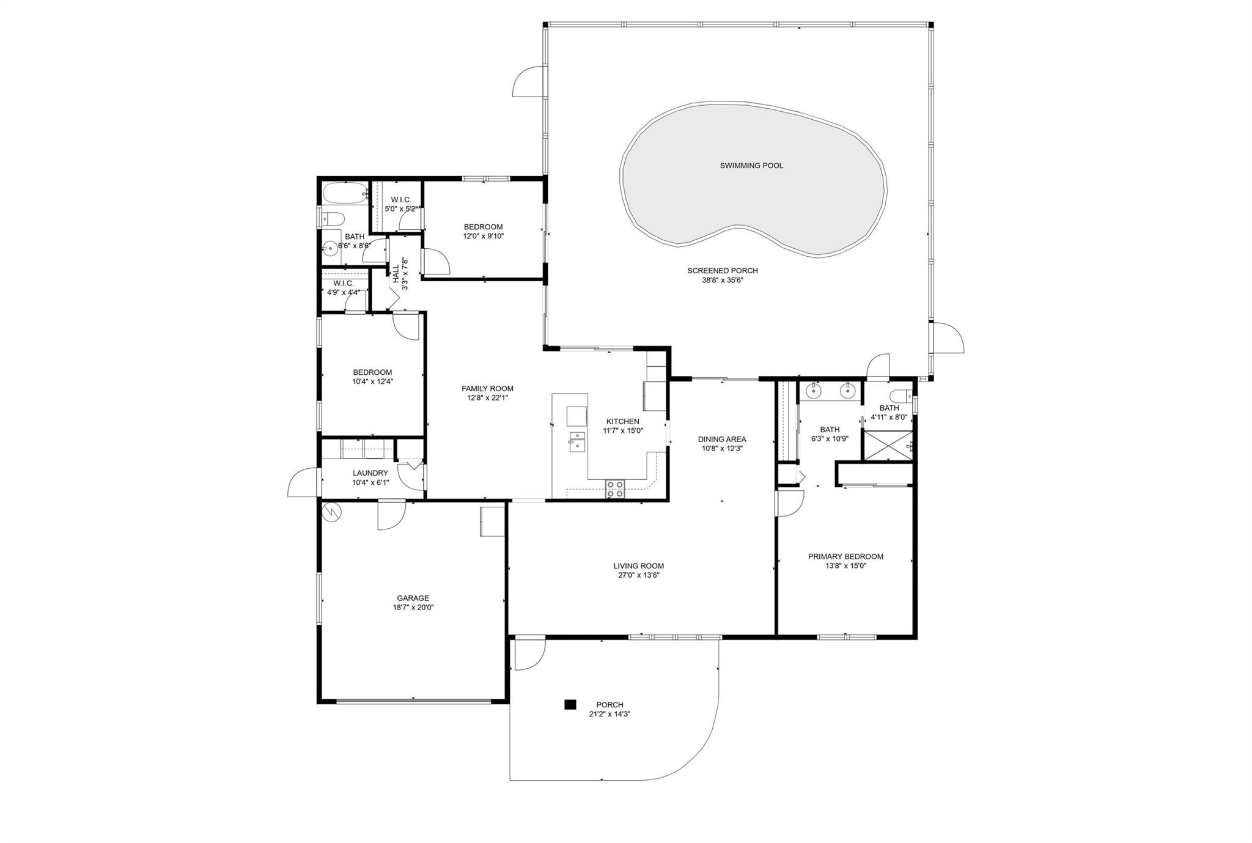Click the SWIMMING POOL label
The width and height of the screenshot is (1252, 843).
[751, 166]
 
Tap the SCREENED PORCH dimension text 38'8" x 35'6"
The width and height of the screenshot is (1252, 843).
[723, 281]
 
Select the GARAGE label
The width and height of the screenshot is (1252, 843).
[413, 598]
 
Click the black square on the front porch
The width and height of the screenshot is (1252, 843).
[570, 705]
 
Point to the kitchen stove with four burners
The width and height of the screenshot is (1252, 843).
[616, 488]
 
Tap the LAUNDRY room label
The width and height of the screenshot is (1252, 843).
[370, 473]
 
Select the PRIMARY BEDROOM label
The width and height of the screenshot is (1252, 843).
[845, 557]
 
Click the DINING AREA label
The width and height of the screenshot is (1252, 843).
[722, 439]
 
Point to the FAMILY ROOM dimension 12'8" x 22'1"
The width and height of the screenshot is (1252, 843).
[487, 398]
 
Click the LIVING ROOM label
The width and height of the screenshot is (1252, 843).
[639, 566]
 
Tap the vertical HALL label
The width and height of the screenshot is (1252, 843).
[396, 273]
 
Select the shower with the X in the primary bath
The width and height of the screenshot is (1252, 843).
[887, 445]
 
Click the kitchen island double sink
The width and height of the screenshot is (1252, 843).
[577, 441]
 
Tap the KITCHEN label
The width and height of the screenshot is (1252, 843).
[623, 421]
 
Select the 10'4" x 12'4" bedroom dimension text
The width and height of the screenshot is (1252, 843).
[372, 381]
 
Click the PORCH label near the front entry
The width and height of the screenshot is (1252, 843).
[609, 705]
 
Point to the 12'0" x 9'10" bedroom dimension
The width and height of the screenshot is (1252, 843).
[483, 236]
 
